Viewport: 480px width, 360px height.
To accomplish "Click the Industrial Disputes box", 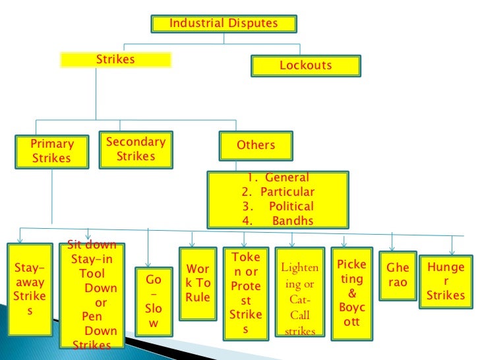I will (224, 24).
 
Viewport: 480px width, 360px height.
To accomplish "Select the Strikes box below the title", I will (115, 60).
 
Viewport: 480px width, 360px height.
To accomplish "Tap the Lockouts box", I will (305, 66).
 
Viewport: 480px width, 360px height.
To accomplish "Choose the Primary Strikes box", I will (51, 151).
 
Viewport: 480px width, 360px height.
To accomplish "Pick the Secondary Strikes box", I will (135, 149).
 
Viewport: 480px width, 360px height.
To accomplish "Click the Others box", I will (256, 146).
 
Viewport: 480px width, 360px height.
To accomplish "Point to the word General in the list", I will (287, 178).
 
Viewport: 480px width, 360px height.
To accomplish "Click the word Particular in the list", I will (287, 193).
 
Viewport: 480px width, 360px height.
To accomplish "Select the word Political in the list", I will (291, 207).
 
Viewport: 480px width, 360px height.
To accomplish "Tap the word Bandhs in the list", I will (293, 222).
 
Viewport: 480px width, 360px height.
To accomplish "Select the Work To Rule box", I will (198, 283).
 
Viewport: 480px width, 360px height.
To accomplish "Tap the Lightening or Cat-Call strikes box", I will (299, 293).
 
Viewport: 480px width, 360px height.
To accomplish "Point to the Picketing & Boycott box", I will (351, 293).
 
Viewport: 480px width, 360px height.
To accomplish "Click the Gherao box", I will (397, 276).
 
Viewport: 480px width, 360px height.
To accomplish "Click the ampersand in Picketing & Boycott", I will (351, 293).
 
